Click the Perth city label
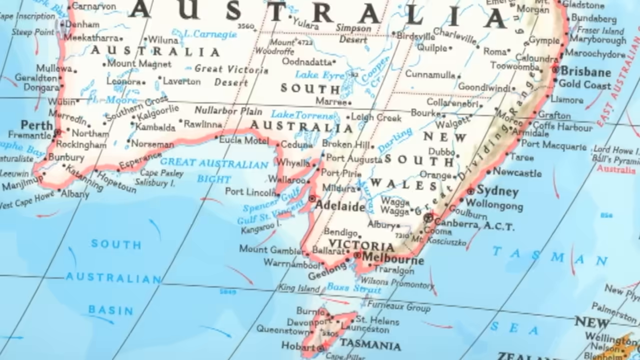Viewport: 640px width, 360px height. [x=37, y=124]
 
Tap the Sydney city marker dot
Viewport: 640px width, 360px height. [x=470, y=191]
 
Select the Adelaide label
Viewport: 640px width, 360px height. [x=340, y=206]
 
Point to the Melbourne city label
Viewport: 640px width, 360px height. [x=393, y=260]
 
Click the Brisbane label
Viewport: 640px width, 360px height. [x=585, y=71]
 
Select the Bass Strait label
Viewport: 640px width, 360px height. [x=354, y=288]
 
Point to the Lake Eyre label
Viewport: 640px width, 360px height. [x=320, y=75]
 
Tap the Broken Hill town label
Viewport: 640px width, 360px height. [x=345, y=144]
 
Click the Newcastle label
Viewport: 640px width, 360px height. [x=517, y=172]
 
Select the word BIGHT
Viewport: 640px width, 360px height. [x=214, y=179]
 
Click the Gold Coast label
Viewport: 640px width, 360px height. [x=584, y=84]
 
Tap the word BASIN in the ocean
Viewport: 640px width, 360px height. [x=111, y=310]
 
